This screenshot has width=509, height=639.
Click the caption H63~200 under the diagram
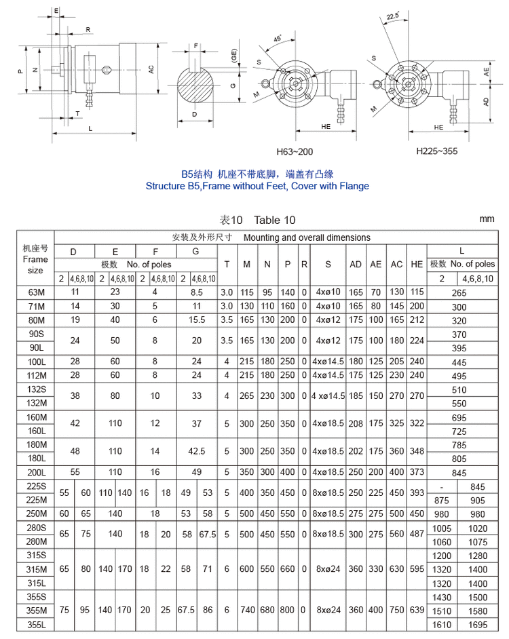(295, 152)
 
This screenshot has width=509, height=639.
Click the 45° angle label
(278, 39)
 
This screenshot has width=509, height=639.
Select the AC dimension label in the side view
(151, 69)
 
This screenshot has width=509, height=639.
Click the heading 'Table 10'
(275, 220)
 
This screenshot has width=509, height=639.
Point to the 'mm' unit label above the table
(487, 218)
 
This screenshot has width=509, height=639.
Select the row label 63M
(35, 292)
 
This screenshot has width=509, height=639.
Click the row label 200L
(35, 471)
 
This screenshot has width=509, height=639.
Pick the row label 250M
(35, 514)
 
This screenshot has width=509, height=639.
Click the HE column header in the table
(417, 264)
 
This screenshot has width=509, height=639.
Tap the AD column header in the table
(356, 264)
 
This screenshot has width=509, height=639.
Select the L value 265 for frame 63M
(459, 293)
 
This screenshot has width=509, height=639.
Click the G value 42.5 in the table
(197, 450)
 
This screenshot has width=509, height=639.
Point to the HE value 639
(417, 611)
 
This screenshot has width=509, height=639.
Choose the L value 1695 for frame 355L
(478, 625)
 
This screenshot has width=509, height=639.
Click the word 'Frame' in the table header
(35, 259)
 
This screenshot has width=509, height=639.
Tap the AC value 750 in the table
(396, 611)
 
